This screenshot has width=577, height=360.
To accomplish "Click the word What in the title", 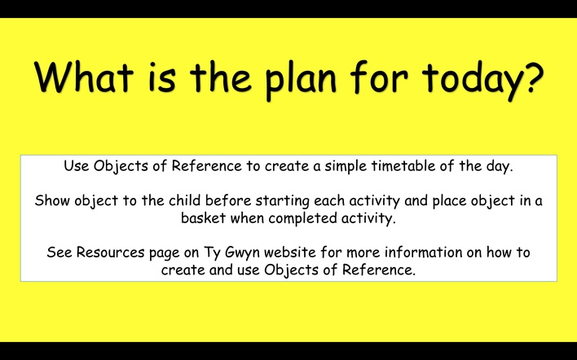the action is tap(83, 77).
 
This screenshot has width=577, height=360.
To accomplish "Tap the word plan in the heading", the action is tap(301, 80).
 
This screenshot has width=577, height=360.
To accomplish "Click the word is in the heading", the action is tap(162, 77).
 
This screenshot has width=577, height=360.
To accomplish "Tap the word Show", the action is tap(52, 201).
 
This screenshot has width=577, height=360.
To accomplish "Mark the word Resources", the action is tap(110, 252).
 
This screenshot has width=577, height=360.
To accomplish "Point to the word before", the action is tap(228, 200).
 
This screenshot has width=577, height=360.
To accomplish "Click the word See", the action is tap(59, 252).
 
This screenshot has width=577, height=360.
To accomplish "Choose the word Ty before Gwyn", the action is tap(213, 253).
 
